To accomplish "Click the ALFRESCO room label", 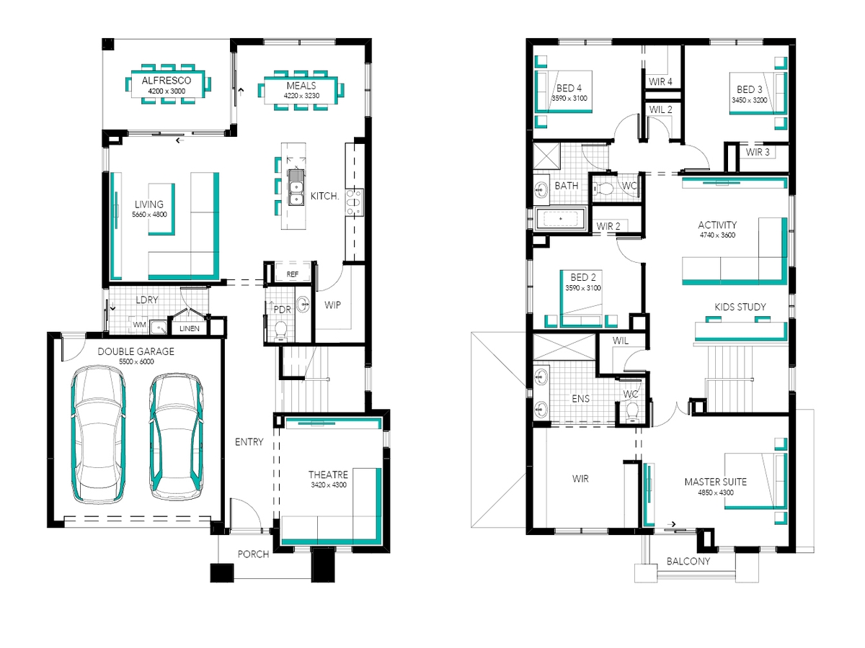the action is pos(167,81).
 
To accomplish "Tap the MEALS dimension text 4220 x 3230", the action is pos(301,96).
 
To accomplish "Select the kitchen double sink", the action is pos(296,188).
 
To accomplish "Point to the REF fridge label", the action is pos(293,274).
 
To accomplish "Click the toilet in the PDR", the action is pos(280,331).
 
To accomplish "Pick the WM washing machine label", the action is pos(140,325).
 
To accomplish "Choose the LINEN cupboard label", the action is pos(189,328).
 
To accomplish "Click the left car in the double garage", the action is pos(98,435).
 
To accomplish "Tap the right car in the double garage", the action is pos(176,438).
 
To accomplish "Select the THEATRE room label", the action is pos(328,474).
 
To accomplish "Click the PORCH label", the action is pos(254,554).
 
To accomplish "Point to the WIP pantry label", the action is pos(332,305).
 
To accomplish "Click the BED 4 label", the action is pos(569,88).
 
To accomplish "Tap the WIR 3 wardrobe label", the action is pos(758,152).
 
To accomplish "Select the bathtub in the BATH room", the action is pos(560,219).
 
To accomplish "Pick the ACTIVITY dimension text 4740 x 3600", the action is pos(718,235).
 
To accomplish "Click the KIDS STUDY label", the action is pos(740,307).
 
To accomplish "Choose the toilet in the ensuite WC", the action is pos(632,413).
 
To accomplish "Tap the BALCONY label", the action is pos(688,562).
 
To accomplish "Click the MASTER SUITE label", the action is pos(716,482).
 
